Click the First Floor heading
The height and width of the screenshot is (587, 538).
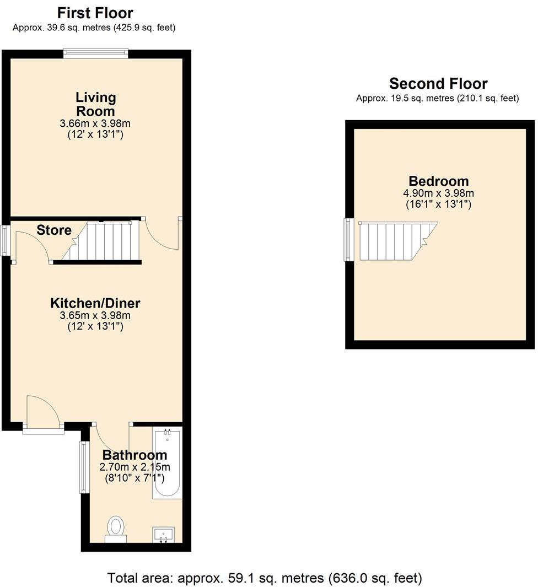point(95,13)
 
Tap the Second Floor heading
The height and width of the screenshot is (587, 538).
point(438,84)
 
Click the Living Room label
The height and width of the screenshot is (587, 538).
point(96,104)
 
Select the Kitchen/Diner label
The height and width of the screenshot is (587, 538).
point(95,303)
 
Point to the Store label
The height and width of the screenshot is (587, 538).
point(54,230)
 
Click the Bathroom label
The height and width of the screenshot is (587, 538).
point(134,455)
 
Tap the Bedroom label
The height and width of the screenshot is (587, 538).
point(438,181)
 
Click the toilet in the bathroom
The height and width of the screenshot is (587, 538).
point(116,528)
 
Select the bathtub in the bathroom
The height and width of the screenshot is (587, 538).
point(166,464)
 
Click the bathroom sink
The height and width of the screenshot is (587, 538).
point(163,534)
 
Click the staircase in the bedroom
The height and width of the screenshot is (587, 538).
point(394,241)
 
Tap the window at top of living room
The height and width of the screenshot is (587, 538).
point(96,53)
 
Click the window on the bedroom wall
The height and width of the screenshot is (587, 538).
point(348,240)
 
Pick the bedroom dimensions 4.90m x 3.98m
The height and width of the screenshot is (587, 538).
point(438,193)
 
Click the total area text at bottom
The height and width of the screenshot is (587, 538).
point(265,578)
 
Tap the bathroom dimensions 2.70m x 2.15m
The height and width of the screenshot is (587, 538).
point(134,467)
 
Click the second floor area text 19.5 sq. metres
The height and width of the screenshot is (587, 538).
point(438,99)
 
